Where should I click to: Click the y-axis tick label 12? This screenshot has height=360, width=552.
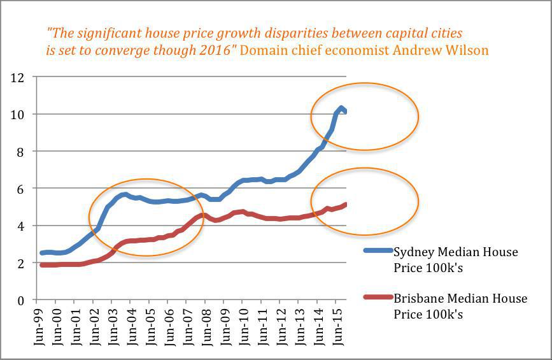point(17,78)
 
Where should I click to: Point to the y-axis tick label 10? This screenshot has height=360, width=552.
point(17,115)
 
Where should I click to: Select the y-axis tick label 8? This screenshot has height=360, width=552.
point(20,152)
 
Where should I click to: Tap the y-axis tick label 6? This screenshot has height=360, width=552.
point(20,189)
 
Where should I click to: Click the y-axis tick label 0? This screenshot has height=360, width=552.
point(20,299)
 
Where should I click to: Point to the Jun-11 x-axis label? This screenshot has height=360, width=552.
point(261,326)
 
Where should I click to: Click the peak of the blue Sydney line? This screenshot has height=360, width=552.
point(341,108)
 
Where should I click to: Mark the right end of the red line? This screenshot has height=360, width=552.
point(345,205)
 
